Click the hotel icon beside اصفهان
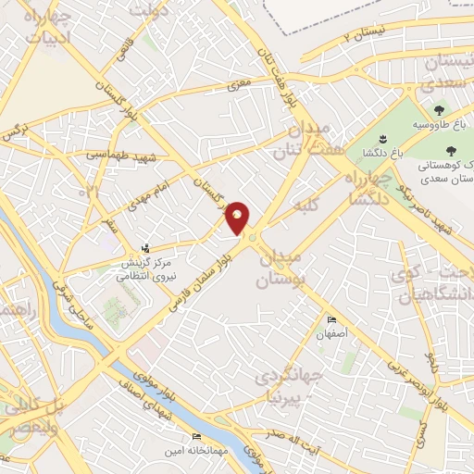(331, 320)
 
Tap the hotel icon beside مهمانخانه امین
(195, 436)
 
